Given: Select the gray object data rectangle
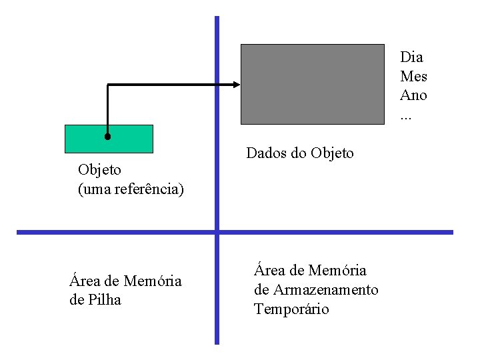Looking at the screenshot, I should tap(312, 84).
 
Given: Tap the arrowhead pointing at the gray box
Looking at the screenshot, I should tap(235, 84).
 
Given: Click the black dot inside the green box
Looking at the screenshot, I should tap(107, 137).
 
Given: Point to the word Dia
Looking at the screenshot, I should tap(411, 57).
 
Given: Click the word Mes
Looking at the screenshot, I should tap(413, 76).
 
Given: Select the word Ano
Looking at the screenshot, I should tap(413, 95).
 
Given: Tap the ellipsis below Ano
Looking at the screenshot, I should tap(405, 115).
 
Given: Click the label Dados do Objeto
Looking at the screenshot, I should tap(300, 153).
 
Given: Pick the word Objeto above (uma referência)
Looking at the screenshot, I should tap(99, 170).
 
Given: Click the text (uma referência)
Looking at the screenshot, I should tap(131, 189).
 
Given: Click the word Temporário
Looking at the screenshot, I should tap(291, 309).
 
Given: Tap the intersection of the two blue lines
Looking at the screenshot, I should tap(217, 232).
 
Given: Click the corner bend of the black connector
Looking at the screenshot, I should tap(108, 85).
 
